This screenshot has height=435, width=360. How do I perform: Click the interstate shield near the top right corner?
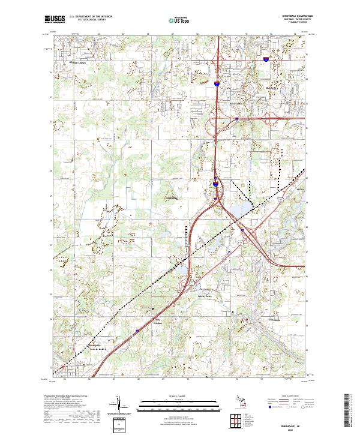coord(265,59)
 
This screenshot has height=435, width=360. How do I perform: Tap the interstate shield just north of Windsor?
coord(137,329)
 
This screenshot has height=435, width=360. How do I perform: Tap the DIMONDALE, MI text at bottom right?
coord(287,423)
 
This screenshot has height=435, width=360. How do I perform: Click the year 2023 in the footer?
coord(287,428)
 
